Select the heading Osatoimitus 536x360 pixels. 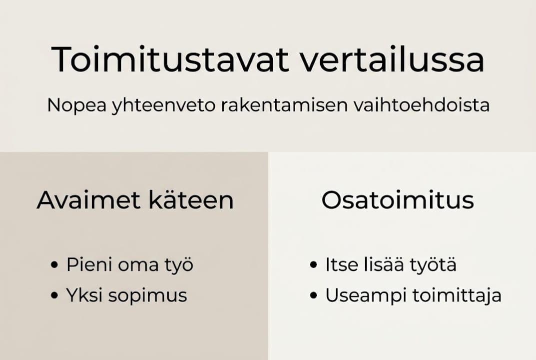click(x=397, y=200)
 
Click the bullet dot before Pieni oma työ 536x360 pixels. click(x=54, y=265)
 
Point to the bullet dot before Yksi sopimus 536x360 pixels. click(x=54, y=296)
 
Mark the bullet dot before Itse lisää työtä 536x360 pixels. click(x=313, y=265)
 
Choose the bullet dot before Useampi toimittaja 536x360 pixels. click(x=313, y=296)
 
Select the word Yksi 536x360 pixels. click(x=82, y=295)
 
